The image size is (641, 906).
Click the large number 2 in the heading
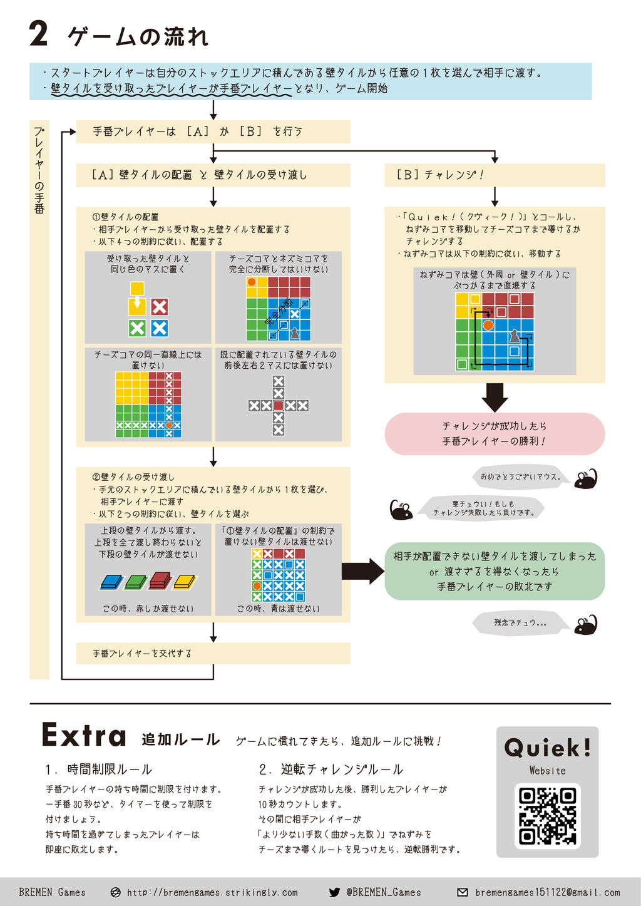coord(39,34)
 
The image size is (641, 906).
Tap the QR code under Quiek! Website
coord(547,815)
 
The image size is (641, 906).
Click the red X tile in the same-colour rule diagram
coord(160,307)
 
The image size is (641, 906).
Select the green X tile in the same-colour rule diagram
coord(137,327)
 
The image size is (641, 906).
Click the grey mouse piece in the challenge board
coord(513,336)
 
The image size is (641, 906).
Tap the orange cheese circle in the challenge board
coord(488,324)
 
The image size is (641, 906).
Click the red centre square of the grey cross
coord(279,406)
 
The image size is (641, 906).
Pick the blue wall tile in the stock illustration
coord(111,582)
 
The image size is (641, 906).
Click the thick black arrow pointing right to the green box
coord(362,571)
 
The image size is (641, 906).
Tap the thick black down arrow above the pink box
coord(495,396)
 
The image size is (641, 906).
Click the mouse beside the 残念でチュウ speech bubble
coord(586,624)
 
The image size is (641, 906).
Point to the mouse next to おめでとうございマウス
coord(586,478)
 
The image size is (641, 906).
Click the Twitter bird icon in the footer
coord(334,892)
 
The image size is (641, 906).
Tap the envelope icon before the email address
coord(463,892)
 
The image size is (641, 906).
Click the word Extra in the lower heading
coord(84,736)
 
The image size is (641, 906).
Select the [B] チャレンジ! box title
coord(440,175)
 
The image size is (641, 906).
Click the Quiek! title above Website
coord(547,747)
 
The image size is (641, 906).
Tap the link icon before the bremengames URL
coord(115,892)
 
